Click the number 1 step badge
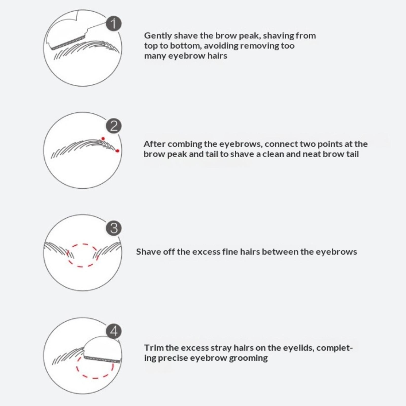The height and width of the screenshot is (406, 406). tap(114, 24)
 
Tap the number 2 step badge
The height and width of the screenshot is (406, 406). tap(114, 126)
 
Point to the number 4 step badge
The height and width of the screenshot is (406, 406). tap(114, 331)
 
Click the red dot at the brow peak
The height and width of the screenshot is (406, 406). tap(103, 139)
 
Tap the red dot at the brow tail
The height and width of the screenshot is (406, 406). tap(117, 151)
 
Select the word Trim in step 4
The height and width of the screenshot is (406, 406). tap(154, 348)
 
